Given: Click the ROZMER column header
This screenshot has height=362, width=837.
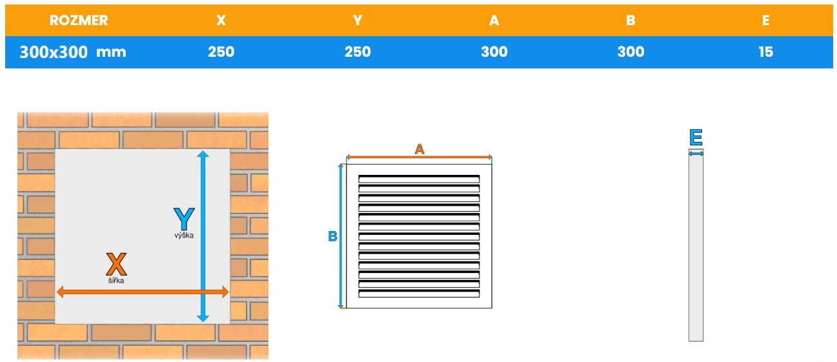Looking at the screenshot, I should pyautogui.click(x=79, y=20).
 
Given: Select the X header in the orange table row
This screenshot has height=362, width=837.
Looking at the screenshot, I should pyautogui.click(x=221, y=20).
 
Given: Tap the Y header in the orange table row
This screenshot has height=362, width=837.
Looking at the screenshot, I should pyautogui.click(x=358, y=20).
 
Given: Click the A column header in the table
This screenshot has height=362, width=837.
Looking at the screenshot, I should pyautogui.click(x=494, y=20).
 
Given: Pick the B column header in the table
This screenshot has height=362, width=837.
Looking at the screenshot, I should pyautogui.click(x=630, y=20).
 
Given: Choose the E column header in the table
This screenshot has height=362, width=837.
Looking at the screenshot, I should pyautogui.click(x=765, y=20).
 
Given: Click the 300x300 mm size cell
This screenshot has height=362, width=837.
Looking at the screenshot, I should pyautogui.click(x=72, y=52).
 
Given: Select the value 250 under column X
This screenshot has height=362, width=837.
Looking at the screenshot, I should pyautogui.click(x=221, y=52).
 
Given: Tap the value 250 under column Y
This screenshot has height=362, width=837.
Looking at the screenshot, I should pyautogui.click(x=358, y=52).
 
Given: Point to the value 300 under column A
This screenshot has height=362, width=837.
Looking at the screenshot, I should pyautogui.click(x=494, y=52).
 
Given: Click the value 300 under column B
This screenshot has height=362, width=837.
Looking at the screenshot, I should pyautogui.click(x=630, y=52).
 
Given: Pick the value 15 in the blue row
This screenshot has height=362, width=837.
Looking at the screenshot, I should pyautogui.click(x=765, y=52).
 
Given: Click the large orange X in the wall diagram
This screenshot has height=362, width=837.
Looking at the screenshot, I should pyautogui.click(x=116, y=264).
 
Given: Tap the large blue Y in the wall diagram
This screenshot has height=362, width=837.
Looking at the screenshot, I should pyautogui.click(x=183, y=219).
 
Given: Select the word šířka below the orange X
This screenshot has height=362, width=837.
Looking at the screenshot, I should pyautogui.click(x=116, y=280).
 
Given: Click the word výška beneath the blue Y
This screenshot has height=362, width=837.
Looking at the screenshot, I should pyautogui.click(x=183, y=236).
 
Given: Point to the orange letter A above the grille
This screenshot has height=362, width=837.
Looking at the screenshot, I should pyautogui.click(x=419, y=149).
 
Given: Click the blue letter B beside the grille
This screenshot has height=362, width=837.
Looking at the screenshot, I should pyautogui.click(x=333, y=237).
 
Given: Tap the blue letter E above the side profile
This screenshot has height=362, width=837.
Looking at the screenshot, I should pyautogui.click(x=696, y=137).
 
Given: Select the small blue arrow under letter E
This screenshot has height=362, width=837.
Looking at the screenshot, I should pyautogui.click(x=696, y=154).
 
